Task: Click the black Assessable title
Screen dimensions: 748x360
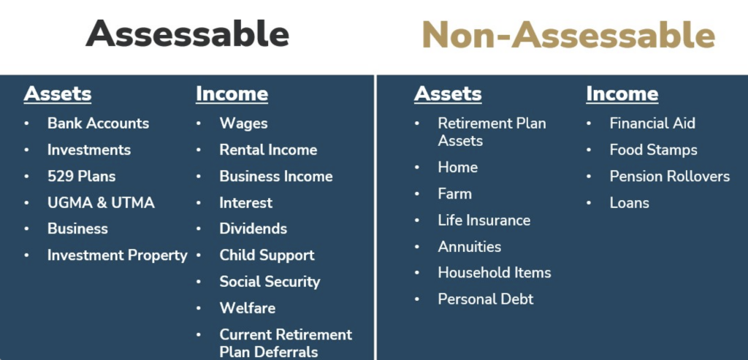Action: [188, 34]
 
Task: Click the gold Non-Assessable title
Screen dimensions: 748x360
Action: [568, 35]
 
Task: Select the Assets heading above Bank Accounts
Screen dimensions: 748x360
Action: [58, 94]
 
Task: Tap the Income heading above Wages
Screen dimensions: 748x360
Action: [232, 94]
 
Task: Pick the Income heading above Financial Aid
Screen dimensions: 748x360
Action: [622, 94]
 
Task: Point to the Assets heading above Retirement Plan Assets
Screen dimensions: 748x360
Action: [448, 94]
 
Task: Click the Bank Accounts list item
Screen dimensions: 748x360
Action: [99, 123]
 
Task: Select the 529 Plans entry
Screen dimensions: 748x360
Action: [82, 177]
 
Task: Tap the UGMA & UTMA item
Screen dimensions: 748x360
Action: [101, 203]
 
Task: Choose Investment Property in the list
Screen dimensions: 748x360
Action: [118, 256]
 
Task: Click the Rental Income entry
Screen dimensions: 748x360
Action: [269, 150]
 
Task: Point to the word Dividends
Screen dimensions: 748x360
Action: [253, 229]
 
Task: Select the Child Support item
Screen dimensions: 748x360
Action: [267, 256]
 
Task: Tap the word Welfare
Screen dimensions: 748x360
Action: [248, 308]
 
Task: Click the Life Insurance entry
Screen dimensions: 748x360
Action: [484, 221]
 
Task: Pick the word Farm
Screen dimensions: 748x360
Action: [455, 194]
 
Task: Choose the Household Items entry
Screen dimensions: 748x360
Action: [495, 273]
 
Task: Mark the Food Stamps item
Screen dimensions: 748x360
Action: [654, 150]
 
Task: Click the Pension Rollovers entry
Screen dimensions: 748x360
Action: [670, 177]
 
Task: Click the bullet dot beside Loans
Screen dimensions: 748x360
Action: [589, 203]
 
